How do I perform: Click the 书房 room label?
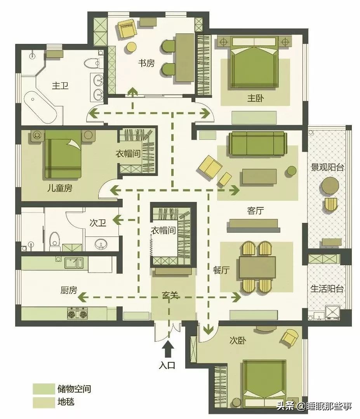click(146, 63)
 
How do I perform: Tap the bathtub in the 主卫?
click(41, 107)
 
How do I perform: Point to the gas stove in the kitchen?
click(78, 313)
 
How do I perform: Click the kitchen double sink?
click(73, 263)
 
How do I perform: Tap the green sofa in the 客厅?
click(257, 144)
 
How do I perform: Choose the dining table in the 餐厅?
click(257, 267)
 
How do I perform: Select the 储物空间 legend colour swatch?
click(43, 389)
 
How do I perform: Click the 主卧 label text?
click(256, 98)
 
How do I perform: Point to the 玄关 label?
click(170, 295)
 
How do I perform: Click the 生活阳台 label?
click(327, 289)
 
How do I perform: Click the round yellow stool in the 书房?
click(131, 47)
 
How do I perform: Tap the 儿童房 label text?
click(59, 188)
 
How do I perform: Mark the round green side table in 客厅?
click(292, 170)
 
